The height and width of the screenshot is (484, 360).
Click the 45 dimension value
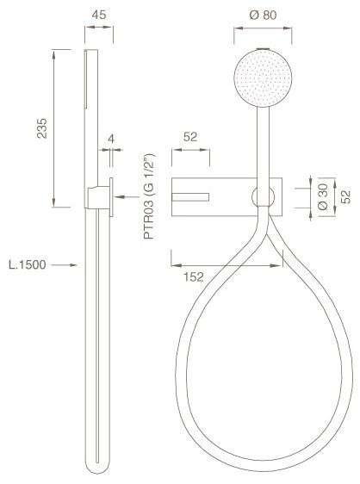99,15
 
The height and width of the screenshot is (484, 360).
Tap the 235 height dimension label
42,128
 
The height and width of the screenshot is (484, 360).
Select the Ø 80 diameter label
263,15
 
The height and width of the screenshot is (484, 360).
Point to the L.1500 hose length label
28,265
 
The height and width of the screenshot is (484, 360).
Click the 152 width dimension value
194,277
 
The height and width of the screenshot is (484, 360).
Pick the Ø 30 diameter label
323,197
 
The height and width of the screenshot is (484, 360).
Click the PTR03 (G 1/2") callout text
149,196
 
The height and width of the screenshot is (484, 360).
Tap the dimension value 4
111,139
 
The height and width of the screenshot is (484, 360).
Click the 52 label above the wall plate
190,137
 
